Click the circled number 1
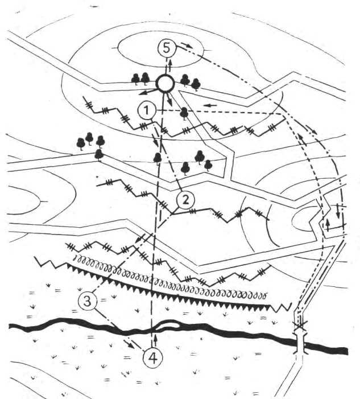pyautogui.click(x=146, y=110)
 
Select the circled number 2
pyautogui.click(x=185, y=200)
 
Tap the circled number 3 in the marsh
pyautogui.click(x=88, y=301)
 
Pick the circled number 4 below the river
pyautogui.click(x=153, y=358)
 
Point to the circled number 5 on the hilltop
pyautogui.click(x=167, y=48)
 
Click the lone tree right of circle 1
pyautogui.click(x=184, y=113)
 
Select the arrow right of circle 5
pyautogui.click(x=187, y=46)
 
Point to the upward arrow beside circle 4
pyautogui.click(x=156, y=341)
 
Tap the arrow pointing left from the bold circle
pyautogui.click(x=147, y=92)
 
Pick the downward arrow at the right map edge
pyautogui.click(x=338, y=211)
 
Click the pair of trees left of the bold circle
pyautogui.click(x=140, y=79)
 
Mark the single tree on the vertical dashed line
pyautogui.click(x=158, y=158)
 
